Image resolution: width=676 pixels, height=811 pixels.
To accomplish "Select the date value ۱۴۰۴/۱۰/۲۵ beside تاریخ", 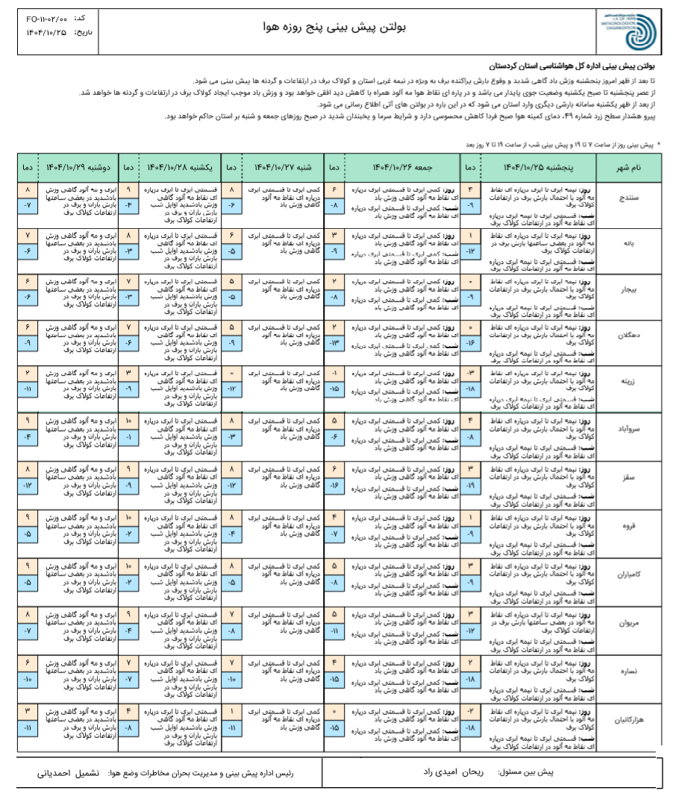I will pos(46,33).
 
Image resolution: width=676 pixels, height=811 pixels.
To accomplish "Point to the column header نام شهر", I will pos(626,168).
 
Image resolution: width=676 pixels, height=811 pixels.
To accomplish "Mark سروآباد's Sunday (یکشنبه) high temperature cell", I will pos(128,421).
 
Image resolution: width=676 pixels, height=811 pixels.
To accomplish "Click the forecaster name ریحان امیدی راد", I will pos(475,772).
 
